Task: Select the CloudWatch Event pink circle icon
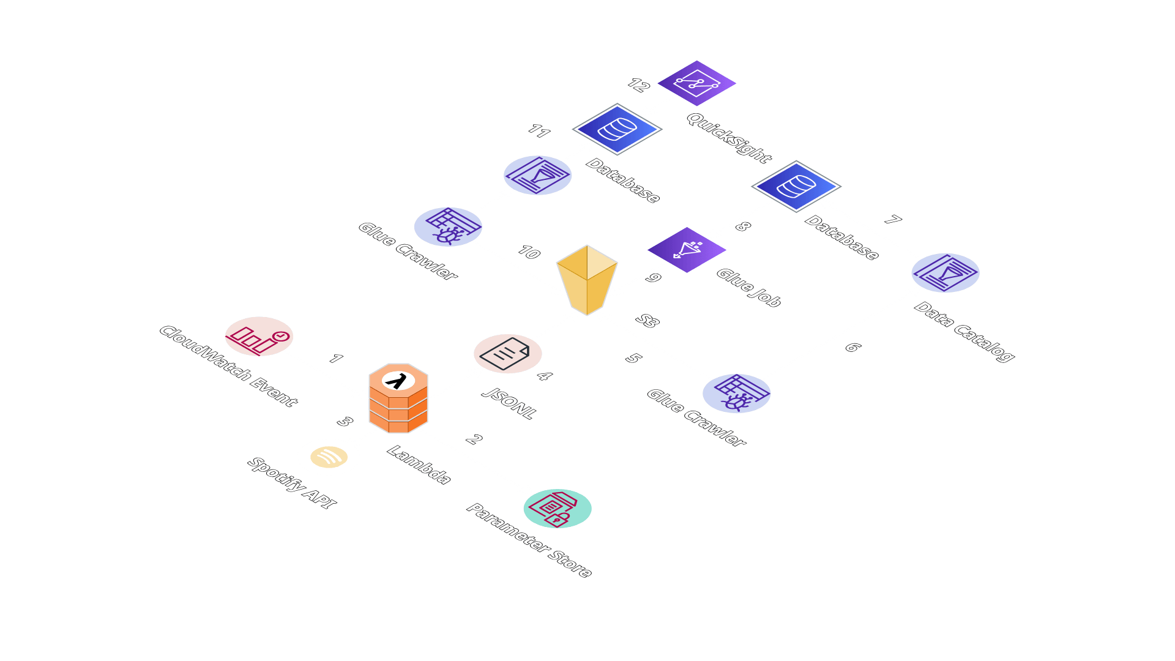point(259,336)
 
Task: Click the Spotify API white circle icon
point(329,457)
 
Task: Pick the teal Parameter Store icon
point(557,509)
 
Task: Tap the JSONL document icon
point(507,353)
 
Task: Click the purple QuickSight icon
point(696,83)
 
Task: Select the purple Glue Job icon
point(687,250)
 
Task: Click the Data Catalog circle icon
point(945,273)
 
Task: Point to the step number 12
point(638,85)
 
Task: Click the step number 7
point(893,220)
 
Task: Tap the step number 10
point(529,252)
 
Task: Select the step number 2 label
point(474,439)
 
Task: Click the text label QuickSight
point(728,138)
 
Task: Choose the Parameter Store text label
point(529,540)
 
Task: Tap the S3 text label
point(647,321)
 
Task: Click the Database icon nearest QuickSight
point(617,129)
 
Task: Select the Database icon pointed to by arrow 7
point(796,186)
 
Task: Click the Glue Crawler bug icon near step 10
point(448,227)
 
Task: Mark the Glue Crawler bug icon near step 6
point(736,393)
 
